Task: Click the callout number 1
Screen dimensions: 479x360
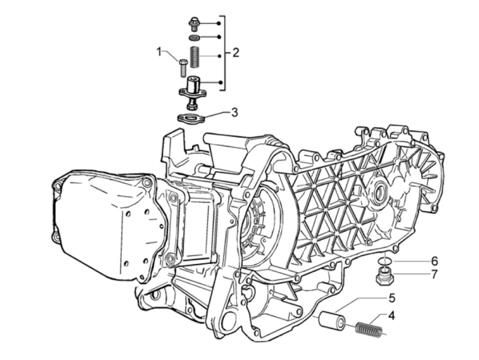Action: (159, 52)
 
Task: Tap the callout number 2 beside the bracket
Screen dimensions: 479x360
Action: (235, 53)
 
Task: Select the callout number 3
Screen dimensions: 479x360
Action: (234, 113)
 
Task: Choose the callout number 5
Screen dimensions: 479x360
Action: (392, 298)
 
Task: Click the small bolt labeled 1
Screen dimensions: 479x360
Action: (183, 68)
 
